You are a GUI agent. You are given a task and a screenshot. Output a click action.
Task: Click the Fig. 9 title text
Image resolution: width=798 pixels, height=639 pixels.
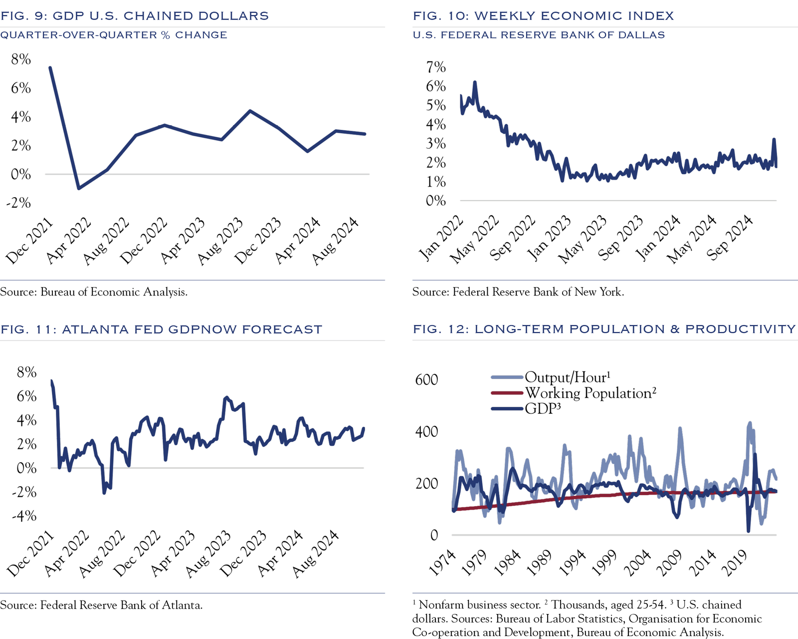coord(135,16)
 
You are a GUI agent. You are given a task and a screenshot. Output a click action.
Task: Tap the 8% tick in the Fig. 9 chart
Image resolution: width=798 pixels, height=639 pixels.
coord(21,59)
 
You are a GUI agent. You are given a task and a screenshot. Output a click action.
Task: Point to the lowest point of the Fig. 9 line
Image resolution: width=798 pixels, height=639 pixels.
coord(79,188)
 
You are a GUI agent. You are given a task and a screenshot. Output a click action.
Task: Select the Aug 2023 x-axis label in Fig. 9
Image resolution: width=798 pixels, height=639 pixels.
coord(220,241)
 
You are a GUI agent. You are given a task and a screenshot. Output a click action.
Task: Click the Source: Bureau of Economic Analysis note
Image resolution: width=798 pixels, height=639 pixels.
coord(94,292)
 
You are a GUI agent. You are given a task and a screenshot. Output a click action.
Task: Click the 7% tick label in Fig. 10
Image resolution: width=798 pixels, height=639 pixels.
coord(435,67)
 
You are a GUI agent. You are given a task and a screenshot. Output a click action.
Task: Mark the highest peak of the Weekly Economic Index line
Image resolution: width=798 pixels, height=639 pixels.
coord(475,82)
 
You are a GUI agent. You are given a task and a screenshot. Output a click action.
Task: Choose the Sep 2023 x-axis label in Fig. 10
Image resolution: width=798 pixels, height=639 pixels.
coord(620,239)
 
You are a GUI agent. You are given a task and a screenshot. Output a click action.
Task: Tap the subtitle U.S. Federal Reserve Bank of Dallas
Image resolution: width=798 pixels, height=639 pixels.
coord(539,35)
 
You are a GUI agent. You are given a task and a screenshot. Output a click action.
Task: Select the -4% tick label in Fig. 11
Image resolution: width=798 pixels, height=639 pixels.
coord(24,516)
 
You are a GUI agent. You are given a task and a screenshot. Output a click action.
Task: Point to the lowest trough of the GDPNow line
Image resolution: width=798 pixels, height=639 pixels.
coord(104,493)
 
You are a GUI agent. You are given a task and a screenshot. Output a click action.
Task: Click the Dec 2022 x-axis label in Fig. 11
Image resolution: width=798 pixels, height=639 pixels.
coord(137,554)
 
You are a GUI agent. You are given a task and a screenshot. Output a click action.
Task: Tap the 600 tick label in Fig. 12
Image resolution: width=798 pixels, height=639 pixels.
coord(426,379)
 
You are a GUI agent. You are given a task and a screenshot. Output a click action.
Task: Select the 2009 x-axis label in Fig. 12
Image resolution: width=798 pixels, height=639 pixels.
coord(669,563)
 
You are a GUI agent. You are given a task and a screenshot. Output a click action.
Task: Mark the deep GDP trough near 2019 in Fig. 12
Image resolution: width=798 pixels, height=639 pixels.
coord(748,531)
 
